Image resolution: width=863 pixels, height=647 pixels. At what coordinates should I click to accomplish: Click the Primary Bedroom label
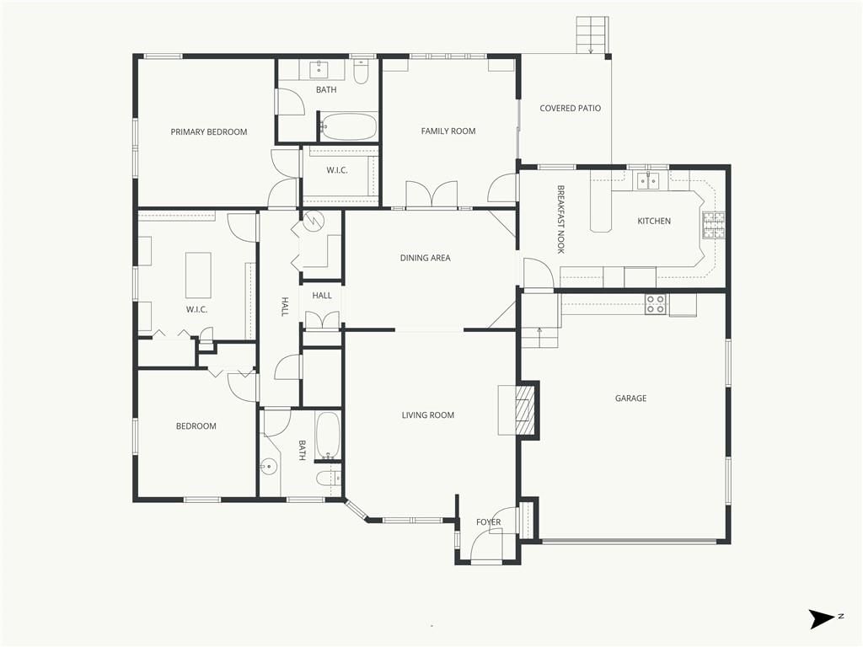coord(209,132)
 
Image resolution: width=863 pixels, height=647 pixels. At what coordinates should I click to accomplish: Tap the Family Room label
coord(448,131)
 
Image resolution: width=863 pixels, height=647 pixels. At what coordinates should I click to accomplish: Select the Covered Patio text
coord(571,109)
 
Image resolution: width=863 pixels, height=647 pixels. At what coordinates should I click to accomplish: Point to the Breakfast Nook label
coord(560,219)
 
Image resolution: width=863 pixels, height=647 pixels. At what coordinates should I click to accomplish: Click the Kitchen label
coord(654,222)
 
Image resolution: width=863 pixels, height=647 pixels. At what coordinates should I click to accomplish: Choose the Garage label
coord(630,398)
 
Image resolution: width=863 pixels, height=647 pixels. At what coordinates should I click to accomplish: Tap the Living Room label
coord(427,415)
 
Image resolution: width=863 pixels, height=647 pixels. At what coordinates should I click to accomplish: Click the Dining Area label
coord(425,258)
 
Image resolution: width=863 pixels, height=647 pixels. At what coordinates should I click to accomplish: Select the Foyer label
coord(488,522)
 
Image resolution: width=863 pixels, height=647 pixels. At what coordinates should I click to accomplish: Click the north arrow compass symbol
coord(822,619)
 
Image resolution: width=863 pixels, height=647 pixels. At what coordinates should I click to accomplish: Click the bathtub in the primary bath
coord(349,127)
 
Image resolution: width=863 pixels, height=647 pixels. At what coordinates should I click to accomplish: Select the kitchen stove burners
coord(713,226)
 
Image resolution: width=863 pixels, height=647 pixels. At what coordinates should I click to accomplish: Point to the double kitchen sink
coord(648,180)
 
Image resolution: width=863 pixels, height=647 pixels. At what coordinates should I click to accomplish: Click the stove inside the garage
coord(656,304)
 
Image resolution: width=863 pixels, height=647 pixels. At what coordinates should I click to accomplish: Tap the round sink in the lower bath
coord(268,468)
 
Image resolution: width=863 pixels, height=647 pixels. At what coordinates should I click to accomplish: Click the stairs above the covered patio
coord(592,35)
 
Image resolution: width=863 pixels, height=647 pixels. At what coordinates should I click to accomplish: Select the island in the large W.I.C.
coord(198,275)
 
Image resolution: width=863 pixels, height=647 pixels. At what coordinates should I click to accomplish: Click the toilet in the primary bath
coord(361,72)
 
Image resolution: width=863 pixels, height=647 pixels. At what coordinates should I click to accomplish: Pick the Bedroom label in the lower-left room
coord(196,426)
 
